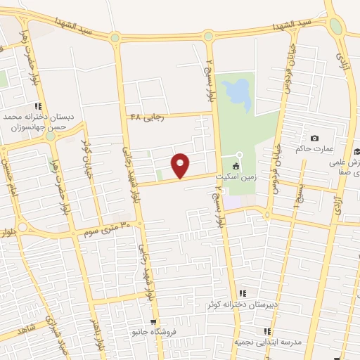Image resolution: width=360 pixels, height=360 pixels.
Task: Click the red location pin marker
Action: tap(181, 165)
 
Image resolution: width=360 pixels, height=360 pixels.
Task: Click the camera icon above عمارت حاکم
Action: tap(314, 138)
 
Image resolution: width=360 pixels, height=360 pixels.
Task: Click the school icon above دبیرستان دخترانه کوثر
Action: tap(243, 293)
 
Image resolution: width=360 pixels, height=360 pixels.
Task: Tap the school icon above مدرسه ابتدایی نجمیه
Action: tap(266, 330)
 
